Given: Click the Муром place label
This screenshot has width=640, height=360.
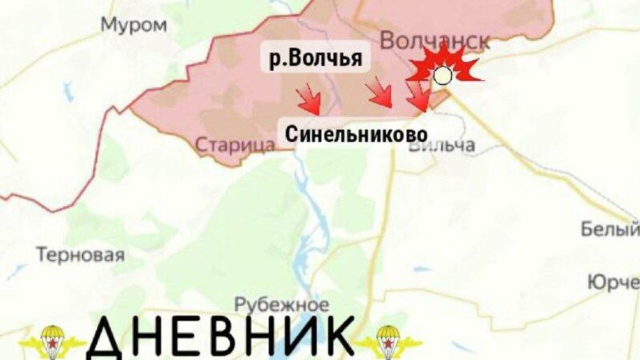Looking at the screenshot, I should [133, 25].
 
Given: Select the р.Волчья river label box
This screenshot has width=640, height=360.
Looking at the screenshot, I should [315, 59].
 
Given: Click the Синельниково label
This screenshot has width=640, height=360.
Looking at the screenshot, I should [357, 134].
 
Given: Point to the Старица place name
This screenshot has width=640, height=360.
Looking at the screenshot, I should [236, 144].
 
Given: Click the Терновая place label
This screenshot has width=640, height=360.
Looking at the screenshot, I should [81, 255].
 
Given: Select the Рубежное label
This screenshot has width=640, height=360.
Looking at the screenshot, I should [282, 305].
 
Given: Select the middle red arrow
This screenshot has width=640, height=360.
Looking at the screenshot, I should [381, 93].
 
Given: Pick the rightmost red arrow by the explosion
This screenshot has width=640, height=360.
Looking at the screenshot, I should [419, 97].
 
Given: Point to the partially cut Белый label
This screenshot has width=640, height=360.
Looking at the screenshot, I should [610, 230].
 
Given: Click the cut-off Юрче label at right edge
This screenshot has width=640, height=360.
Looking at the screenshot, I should [613, 282].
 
